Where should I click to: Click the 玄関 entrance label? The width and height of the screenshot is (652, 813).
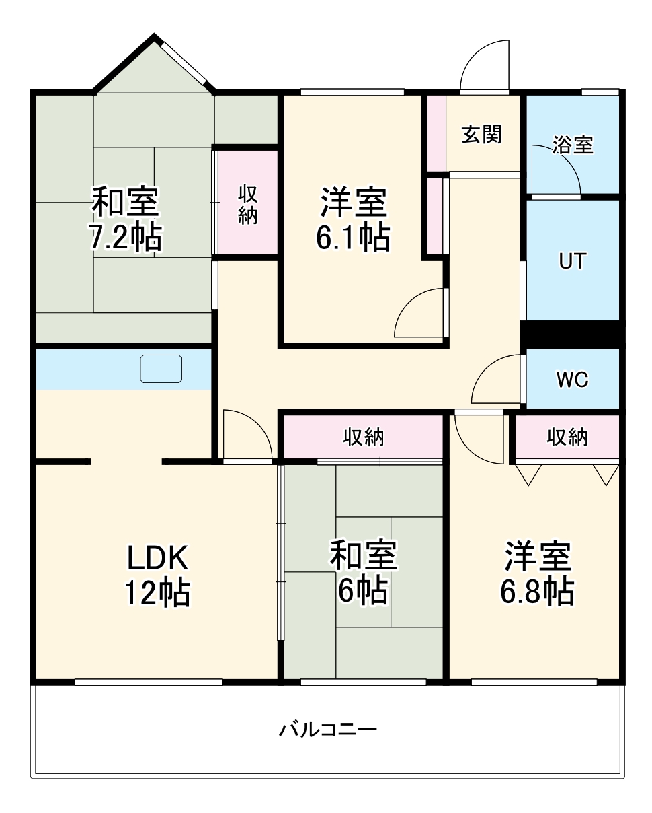tap(482, 135)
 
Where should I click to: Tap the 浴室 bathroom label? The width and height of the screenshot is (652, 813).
tap(573, 145)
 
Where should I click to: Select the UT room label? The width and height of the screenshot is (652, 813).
tap(572, 260)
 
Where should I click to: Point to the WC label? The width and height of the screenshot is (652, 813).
tap(572, 380)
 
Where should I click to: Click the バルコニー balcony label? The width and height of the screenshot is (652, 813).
tap(329, 729)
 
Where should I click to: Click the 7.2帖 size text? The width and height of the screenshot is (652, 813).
tap(125, 237)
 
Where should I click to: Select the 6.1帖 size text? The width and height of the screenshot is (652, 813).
tap(352, 237)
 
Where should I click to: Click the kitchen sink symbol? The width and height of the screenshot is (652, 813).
tap(161, 368)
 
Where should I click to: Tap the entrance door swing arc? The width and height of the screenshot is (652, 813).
tap(485, 64)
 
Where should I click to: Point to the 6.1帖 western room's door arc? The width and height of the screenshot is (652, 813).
tap(418, 313)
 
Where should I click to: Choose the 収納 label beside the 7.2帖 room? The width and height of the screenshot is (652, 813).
tap(247, 205)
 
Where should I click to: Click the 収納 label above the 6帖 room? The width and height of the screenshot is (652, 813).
tap(364, 437)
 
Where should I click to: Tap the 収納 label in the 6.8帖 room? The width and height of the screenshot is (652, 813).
tap(567, 437)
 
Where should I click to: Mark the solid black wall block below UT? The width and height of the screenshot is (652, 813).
tap(572, 334)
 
